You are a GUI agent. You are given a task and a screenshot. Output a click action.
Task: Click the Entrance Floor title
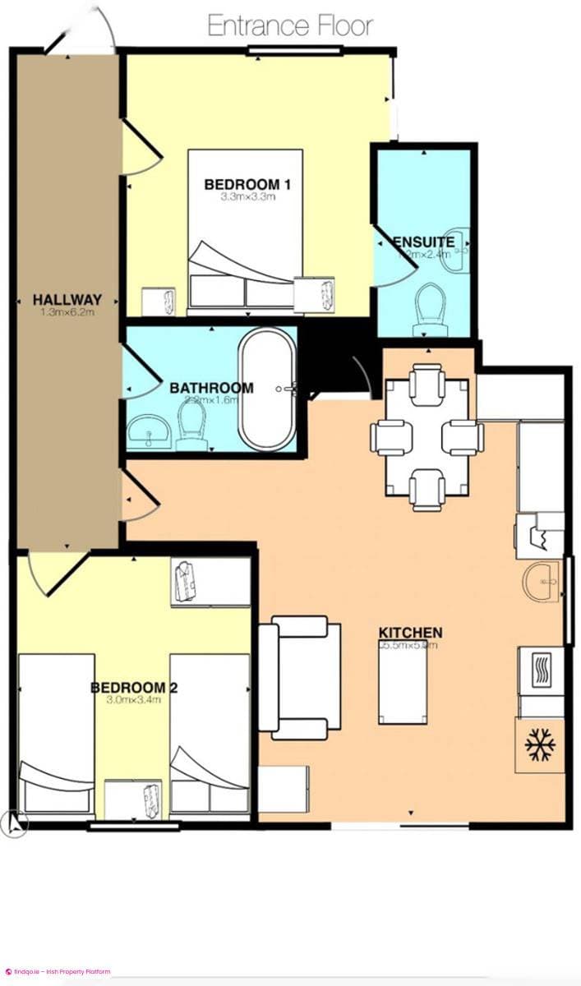[x=290, y=25]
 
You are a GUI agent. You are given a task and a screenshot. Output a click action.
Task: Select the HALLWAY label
[x=67, y=299]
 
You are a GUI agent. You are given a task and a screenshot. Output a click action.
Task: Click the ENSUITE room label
[x=424, y=242]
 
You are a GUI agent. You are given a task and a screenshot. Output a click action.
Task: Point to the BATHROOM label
[x=211, y=388]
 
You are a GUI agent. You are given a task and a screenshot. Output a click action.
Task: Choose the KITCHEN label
[x=410, y=633]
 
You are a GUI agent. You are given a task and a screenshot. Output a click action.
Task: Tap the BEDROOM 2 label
[x=135, y=687]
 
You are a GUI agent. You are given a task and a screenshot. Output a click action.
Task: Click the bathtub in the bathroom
[x=267, y=389]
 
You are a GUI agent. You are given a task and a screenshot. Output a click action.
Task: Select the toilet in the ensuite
[x=430, y=306]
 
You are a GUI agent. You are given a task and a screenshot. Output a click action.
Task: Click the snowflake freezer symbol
[x=541, y=744]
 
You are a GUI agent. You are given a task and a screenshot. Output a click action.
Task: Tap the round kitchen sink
[x=540, y=582]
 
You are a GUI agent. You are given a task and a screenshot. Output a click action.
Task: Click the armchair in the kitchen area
[x=300, y=677]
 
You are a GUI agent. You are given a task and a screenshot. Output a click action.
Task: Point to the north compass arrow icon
[x=14, y=822]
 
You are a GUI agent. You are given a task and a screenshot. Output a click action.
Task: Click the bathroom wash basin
[x=148, y=428]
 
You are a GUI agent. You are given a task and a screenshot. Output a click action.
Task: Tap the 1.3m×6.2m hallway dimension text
[x=67, y=313]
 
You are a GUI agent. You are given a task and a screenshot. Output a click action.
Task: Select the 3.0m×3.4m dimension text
[x=133, y=700]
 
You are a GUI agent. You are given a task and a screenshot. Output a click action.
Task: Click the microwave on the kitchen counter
[x=539, y=670]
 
